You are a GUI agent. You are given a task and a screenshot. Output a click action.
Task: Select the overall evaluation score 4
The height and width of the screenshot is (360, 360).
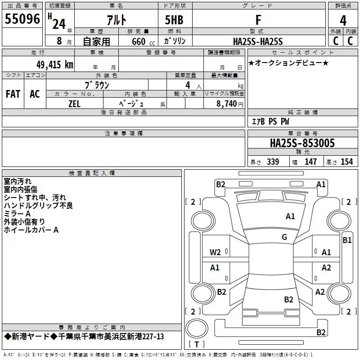tap(343, 20)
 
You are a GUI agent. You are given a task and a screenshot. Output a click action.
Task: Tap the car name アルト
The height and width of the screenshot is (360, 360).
tap(116, 20)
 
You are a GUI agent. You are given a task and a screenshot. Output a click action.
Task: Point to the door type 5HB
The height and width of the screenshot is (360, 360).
tap(174, 20)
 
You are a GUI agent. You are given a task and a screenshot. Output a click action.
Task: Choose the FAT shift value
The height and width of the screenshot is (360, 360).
tap(13, 94)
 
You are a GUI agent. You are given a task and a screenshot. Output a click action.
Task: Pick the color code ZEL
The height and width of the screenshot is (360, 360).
tap(74, 103)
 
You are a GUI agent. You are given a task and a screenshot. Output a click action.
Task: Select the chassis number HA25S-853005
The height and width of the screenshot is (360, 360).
tap(302, 143)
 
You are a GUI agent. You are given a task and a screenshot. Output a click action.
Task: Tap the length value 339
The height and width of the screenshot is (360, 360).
tap(272, 162)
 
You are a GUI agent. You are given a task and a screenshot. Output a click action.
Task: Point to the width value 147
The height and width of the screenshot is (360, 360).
tap(310, 162)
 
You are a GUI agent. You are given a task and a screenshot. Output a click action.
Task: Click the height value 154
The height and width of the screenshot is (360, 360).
tap(346, 162)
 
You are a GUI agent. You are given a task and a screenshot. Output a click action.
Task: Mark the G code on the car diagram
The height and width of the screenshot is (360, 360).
tap(284, 237)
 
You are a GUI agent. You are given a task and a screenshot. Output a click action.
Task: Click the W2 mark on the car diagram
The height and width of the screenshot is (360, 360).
tap(215, 252)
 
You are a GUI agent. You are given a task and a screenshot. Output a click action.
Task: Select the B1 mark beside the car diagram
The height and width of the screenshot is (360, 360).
tap(347, 240)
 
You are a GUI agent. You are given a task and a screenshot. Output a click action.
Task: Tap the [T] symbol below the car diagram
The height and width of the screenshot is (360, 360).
tap(196, 345)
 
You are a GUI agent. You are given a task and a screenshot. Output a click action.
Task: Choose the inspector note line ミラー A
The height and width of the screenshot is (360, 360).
tap(17, 213)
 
